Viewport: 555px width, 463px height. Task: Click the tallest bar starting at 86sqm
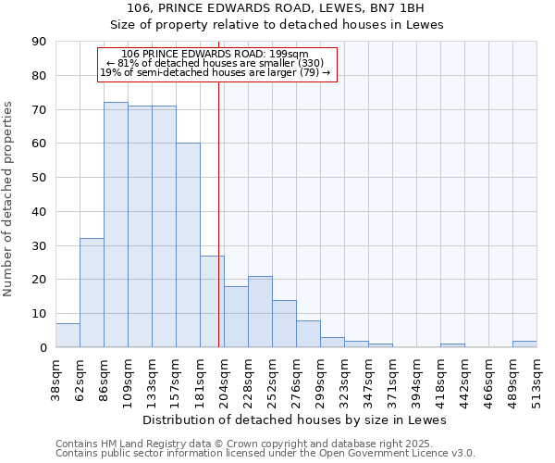[x=116, y=225]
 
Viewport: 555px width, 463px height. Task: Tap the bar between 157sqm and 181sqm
[x=188, y=245]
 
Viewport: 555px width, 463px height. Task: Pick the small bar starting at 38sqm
[x=68, y=335]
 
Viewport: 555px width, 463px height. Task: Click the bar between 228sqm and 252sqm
[x=260, y=311]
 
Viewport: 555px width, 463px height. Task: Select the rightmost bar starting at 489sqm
[x=524, y=344]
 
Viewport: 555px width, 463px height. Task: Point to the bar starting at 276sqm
[x=308, y=333]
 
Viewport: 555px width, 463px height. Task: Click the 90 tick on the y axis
[x=40, y=42]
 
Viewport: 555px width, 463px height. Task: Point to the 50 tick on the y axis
[x=40, y=178]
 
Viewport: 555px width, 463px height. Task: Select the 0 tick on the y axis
[x=43, y=347]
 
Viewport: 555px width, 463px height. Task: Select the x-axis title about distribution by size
[x=295, y=419]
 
